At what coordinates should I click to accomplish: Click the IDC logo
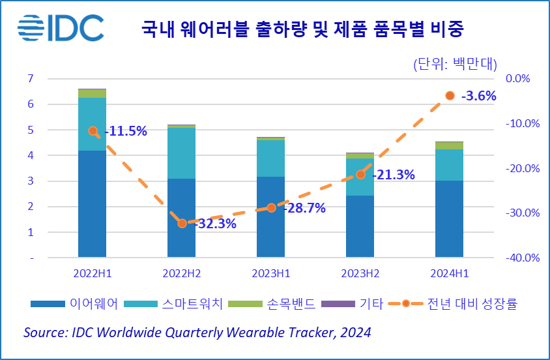pos(61,27)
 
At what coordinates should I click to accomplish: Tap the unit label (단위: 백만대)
pos(455,64)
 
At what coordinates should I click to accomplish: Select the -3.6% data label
pos(478,96)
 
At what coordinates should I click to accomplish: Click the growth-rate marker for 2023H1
pos(271,208)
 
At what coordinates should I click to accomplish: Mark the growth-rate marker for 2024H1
pos(450,96)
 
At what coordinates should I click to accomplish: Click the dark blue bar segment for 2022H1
pos(92,203)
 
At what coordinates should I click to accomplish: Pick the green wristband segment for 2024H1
pos(450,145)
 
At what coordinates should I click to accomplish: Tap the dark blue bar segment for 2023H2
pos(360,226)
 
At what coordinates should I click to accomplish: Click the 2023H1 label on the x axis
pos(271,273)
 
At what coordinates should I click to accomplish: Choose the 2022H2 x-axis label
pos(182,273)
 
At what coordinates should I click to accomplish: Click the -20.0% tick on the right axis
pos(523,168)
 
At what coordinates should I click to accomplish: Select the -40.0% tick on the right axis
pos(523,258)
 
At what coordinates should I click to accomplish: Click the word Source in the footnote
pos(43,333)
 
